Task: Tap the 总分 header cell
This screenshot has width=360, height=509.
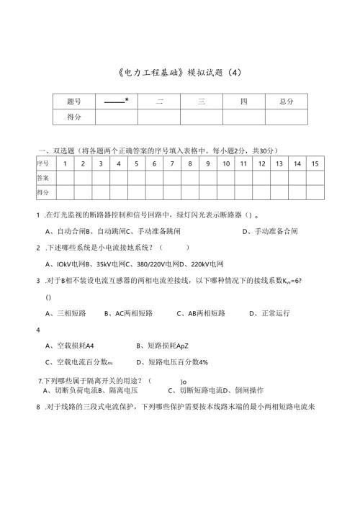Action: (x=286, y=102)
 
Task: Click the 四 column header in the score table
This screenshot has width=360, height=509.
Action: (x=243, y=102)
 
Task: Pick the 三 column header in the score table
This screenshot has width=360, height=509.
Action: (x=201, y=102)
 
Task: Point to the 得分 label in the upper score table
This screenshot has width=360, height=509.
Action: (x=73, y=117)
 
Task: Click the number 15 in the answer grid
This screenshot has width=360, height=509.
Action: (x=315, y=164)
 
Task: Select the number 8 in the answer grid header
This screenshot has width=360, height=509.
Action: (x=190, y=164)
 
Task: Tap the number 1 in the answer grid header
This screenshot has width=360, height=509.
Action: (x=65, y=164)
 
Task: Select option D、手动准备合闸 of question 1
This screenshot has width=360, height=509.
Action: (x=271, y=231)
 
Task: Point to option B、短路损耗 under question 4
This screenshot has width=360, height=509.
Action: (x=162, y=346)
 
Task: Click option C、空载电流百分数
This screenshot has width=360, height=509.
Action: (x=79, y=362)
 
